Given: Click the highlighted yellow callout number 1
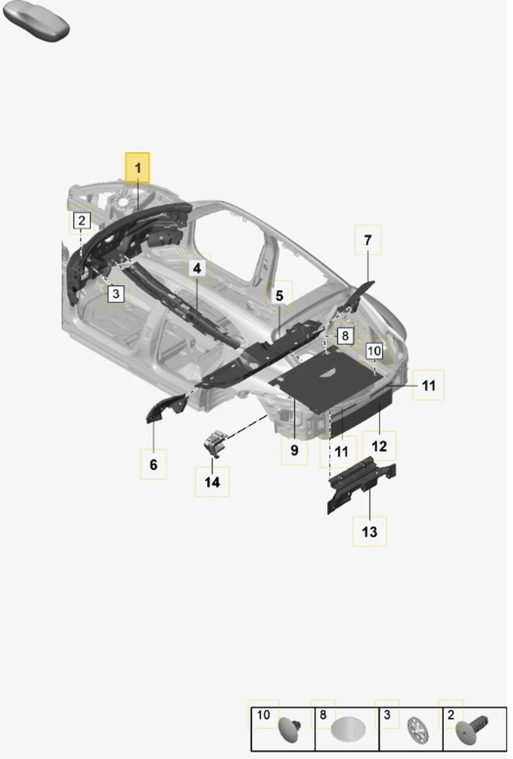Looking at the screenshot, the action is [x=137, y=168].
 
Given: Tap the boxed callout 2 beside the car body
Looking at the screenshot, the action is [x=82, y=221].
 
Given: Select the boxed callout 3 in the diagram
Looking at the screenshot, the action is [x=116, y=293].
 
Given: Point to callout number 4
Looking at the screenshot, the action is [x=197, y=268].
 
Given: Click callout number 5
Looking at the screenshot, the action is [x=279, y=295].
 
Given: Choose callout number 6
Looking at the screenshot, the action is [x=154, y=464].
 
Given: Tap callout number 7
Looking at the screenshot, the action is [x=368, y=240].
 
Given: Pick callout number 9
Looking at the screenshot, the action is [x=294, y=450].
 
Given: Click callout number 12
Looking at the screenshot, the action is [x=379, y=446].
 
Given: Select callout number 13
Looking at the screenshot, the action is [x=369, y=532].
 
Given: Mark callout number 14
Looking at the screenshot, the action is [x=212, y=482].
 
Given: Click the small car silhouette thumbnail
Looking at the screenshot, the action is [x=36, y=21].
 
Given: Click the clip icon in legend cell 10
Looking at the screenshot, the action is [x=290, y=731].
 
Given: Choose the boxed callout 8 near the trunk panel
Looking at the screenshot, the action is [x=345, y=335].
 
